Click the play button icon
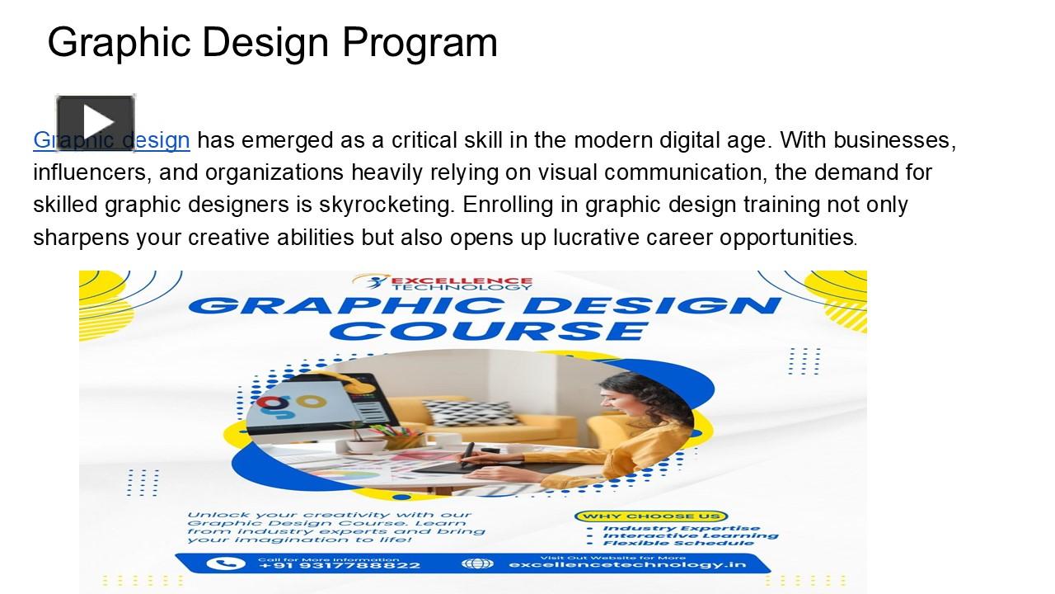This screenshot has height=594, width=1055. coord(95,122)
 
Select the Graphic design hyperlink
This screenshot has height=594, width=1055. coord(111,140)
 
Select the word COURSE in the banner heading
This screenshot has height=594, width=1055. coord(493,331)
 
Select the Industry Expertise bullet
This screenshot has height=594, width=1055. coord(681,529)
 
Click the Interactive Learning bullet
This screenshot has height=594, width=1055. coord(690,535)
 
